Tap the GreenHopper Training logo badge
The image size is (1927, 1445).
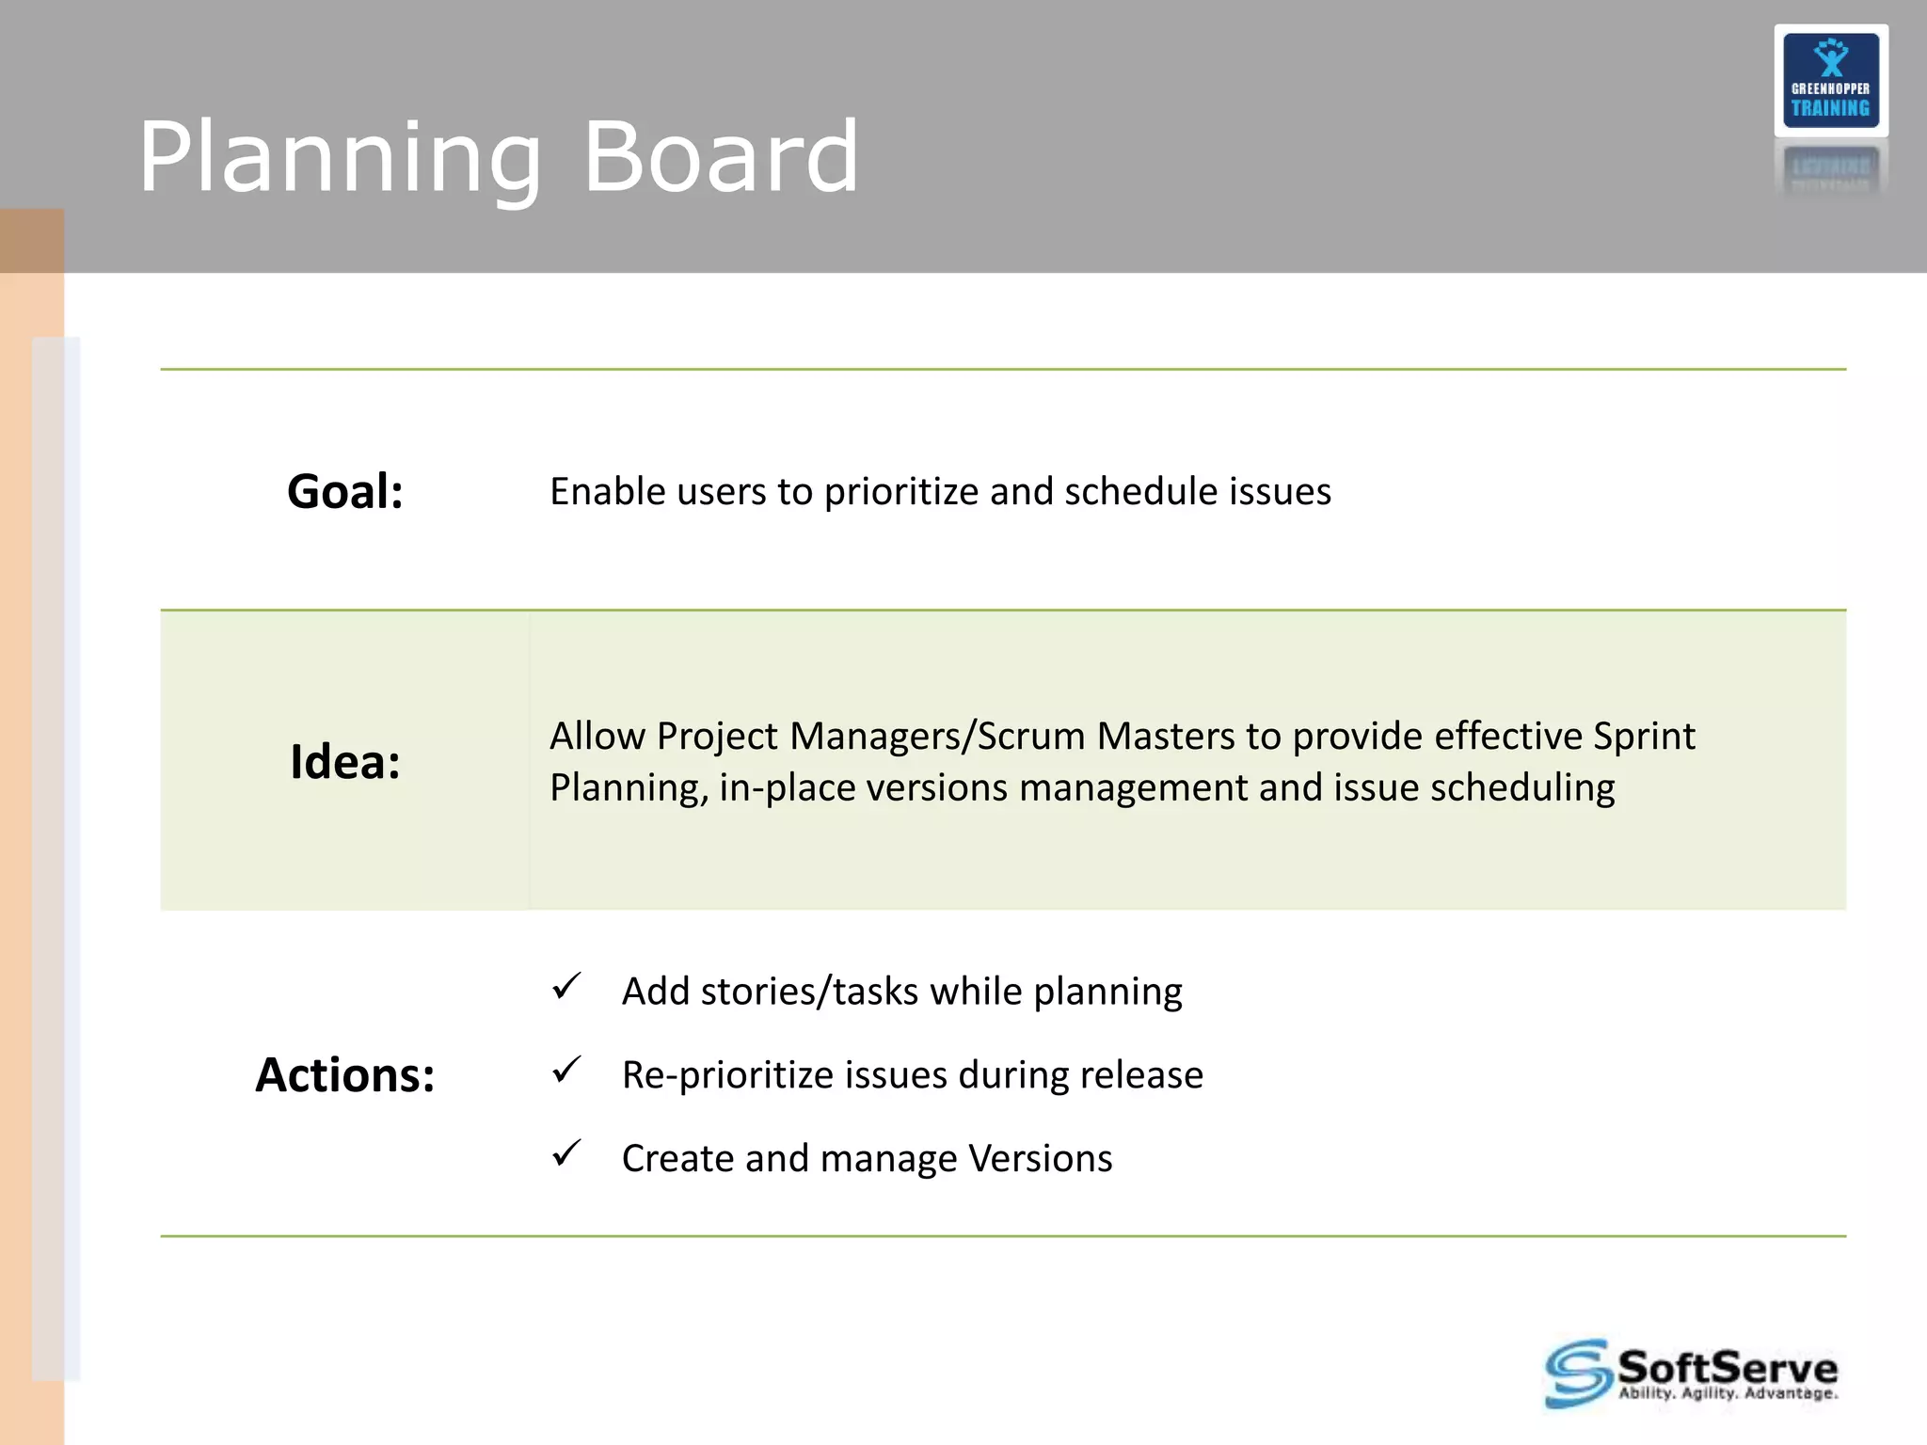(1830, 81)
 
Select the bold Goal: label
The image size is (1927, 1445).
(345, 492)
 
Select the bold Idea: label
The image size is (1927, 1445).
(345, 761)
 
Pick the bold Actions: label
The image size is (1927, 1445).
(345, 1074)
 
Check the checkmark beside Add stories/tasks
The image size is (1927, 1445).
(566, 987)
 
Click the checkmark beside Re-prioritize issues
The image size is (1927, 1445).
(566, 1070)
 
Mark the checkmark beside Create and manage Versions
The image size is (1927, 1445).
(566, 1153)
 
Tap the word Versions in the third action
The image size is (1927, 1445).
(1040, 1158)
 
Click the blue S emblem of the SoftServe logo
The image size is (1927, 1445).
(1577, 1374)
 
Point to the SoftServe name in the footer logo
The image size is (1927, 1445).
(1727, 1365)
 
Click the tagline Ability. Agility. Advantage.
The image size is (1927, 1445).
(1727, 1394)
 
